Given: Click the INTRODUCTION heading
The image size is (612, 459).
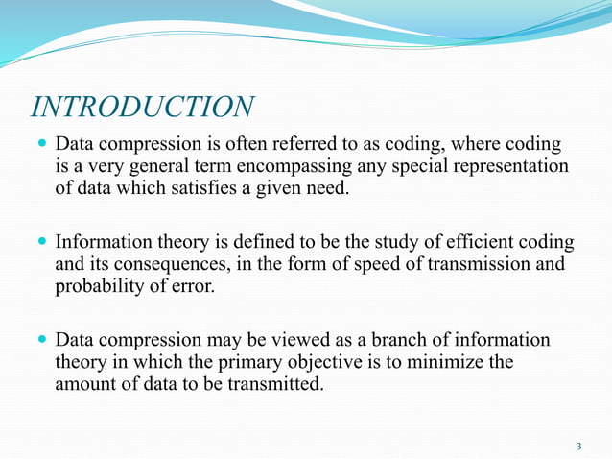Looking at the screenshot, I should pyautogui.click(x=143, y=107).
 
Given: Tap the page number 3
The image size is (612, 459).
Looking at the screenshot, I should pyautogui.click(x=578, y=446).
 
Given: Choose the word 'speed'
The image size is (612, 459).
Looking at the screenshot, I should pyautogui.click(x=361, y=263).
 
